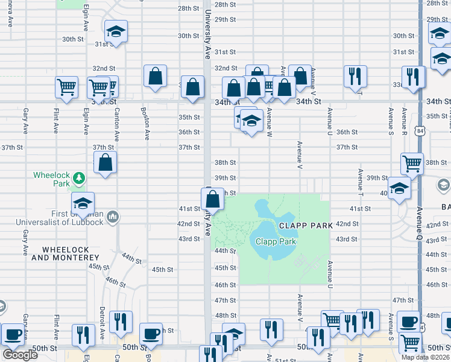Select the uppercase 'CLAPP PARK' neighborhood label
click(306, 226)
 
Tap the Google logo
click(20, 355)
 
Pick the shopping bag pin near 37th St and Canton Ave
click(105, 162)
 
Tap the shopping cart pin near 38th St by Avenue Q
click(412, 162)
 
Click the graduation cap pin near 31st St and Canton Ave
click(116, 31)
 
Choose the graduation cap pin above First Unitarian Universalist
click(83, 203)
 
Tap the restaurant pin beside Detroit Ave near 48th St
click(122, 322)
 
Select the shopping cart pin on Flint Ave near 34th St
click(66, 87)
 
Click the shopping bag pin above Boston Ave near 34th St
click(155, 76)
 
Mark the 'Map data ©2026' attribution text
click(424, 357)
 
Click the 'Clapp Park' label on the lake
click(275, 241)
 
